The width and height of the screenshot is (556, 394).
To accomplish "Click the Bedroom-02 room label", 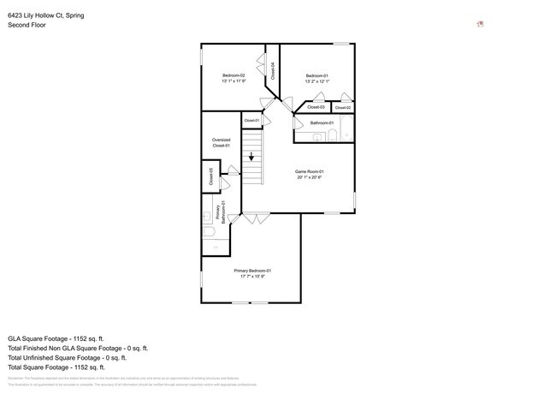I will coord(234,75).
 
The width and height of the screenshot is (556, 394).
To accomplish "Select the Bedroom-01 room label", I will coord(317,76).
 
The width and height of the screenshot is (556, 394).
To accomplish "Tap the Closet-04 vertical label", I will coord(273,71).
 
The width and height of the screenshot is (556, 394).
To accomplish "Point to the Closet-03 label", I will coord(316,107).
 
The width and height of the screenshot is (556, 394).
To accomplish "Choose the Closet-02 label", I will coord(342,107).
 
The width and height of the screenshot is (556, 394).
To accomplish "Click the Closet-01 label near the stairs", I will coord(251,121).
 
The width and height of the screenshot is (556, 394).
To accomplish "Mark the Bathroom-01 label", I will coord(322,122).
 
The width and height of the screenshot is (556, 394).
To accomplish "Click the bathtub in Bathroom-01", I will coord(346,128).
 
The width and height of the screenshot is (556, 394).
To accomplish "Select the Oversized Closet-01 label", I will coord(221,142).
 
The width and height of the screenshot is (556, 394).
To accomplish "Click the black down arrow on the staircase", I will coord(251,157).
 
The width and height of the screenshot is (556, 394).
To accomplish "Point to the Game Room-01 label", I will coord(310,171).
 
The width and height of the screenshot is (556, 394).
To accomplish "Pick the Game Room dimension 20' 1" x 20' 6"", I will coord(310,177).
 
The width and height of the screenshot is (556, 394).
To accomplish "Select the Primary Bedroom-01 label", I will coord(252,271).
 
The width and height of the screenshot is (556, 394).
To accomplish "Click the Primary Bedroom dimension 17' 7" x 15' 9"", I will coord(252,277).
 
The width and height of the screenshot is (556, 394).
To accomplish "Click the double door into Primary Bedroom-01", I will coord(255,219).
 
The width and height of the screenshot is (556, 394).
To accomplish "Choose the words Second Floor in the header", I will coord(27,26).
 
